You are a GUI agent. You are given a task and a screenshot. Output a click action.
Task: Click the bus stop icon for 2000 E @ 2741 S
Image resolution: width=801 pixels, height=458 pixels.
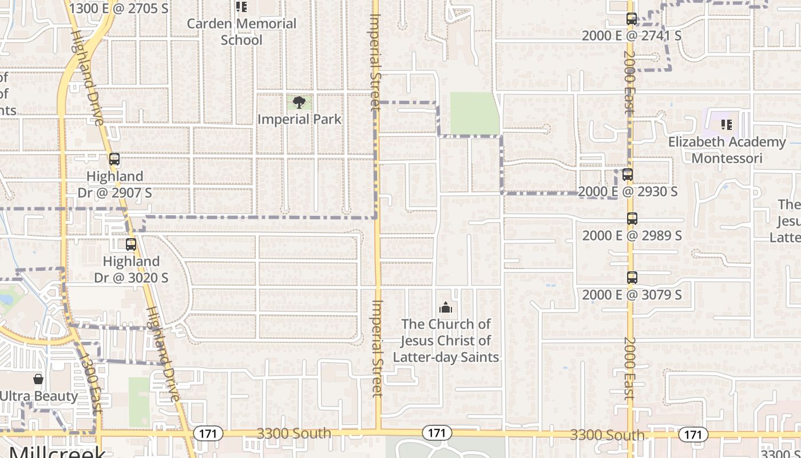coord(632,19)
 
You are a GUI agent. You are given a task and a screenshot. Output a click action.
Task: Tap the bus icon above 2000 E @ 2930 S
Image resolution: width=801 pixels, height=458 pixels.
coord(628,175)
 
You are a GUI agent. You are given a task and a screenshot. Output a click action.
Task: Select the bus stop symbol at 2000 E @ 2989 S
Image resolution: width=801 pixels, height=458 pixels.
coord(632,219)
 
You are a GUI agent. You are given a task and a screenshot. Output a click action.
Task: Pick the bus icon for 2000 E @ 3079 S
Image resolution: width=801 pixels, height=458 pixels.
coord(632,278)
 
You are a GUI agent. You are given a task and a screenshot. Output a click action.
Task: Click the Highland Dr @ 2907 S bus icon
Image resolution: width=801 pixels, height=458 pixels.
coord(114,159)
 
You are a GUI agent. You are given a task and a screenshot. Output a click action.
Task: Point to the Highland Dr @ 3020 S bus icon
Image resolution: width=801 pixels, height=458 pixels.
coord(131,244)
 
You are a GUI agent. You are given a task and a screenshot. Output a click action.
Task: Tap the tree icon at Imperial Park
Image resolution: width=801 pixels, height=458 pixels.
coord(299,103)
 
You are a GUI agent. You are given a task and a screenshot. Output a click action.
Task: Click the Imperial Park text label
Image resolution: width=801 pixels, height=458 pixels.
coord(299,119)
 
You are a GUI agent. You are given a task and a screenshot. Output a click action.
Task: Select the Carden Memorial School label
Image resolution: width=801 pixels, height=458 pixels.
coord(241,31)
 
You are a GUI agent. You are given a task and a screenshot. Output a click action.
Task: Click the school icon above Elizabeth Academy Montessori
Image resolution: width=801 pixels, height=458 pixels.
coord(727,125)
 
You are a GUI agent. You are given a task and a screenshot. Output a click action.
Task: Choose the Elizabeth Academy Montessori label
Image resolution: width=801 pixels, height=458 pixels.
coord(727,149)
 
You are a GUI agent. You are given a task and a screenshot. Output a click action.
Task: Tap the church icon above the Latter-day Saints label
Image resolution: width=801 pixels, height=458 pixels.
coord(446,307)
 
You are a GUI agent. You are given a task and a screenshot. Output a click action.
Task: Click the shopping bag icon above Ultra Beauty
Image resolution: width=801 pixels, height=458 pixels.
coord(38,379)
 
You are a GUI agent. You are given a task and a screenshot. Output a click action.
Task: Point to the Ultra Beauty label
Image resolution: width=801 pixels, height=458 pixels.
coord(39,396)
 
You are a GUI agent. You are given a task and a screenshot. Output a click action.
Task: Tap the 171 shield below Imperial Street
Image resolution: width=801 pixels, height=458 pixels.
coord(436,433)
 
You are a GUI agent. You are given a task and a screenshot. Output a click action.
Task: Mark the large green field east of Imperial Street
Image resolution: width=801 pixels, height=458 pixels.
coord(474,113)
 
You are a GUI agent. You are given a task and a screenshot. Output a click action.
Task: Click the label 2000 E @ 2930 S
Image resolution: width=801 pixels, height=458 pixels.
coord(628,191)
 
